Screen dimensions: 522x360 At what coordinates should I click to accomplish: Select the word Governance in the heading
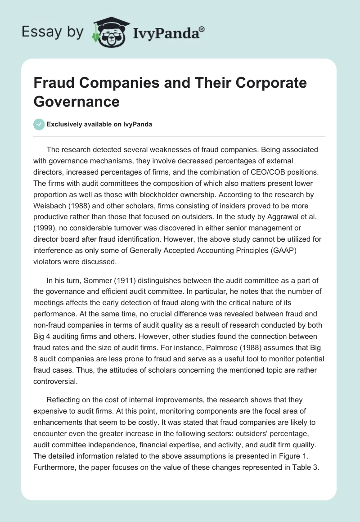pyautogui.click(x=76, y=101)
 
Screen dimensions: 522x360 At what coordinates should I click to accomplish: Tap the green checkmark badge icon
pyautogui.click(x=39, y=124)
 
